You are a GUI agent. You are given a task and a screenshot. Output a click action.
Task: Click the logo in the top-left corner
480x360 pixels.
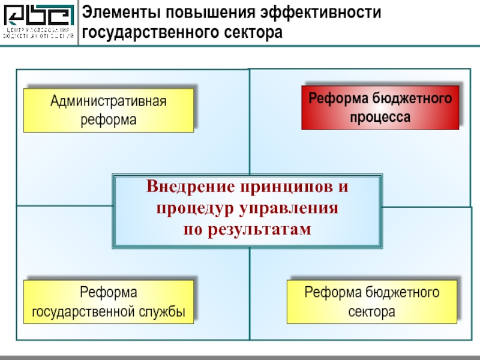38,23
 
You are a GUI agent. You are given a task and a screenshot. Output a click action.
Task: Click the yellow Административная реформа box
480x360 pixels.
109,110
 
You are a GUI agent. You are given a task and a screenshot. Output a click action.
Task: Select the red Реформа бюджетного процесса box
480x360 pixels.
380,107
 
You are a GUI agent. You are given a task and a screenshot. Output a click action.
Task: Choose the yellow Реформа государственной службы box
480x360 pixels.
109,302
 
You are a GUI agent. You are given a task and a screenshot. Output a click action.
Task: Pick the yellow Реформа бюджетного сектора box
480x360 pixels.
372,302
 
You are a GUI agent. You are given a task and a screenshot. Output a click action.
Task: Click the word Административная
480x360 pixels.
109,101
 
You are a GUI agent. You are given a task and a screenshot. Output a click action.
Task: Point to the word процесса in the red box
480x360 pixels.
380,117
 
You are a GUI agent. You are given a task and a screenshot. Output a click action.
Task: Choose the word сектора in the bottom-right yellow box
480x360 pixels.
372,312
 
